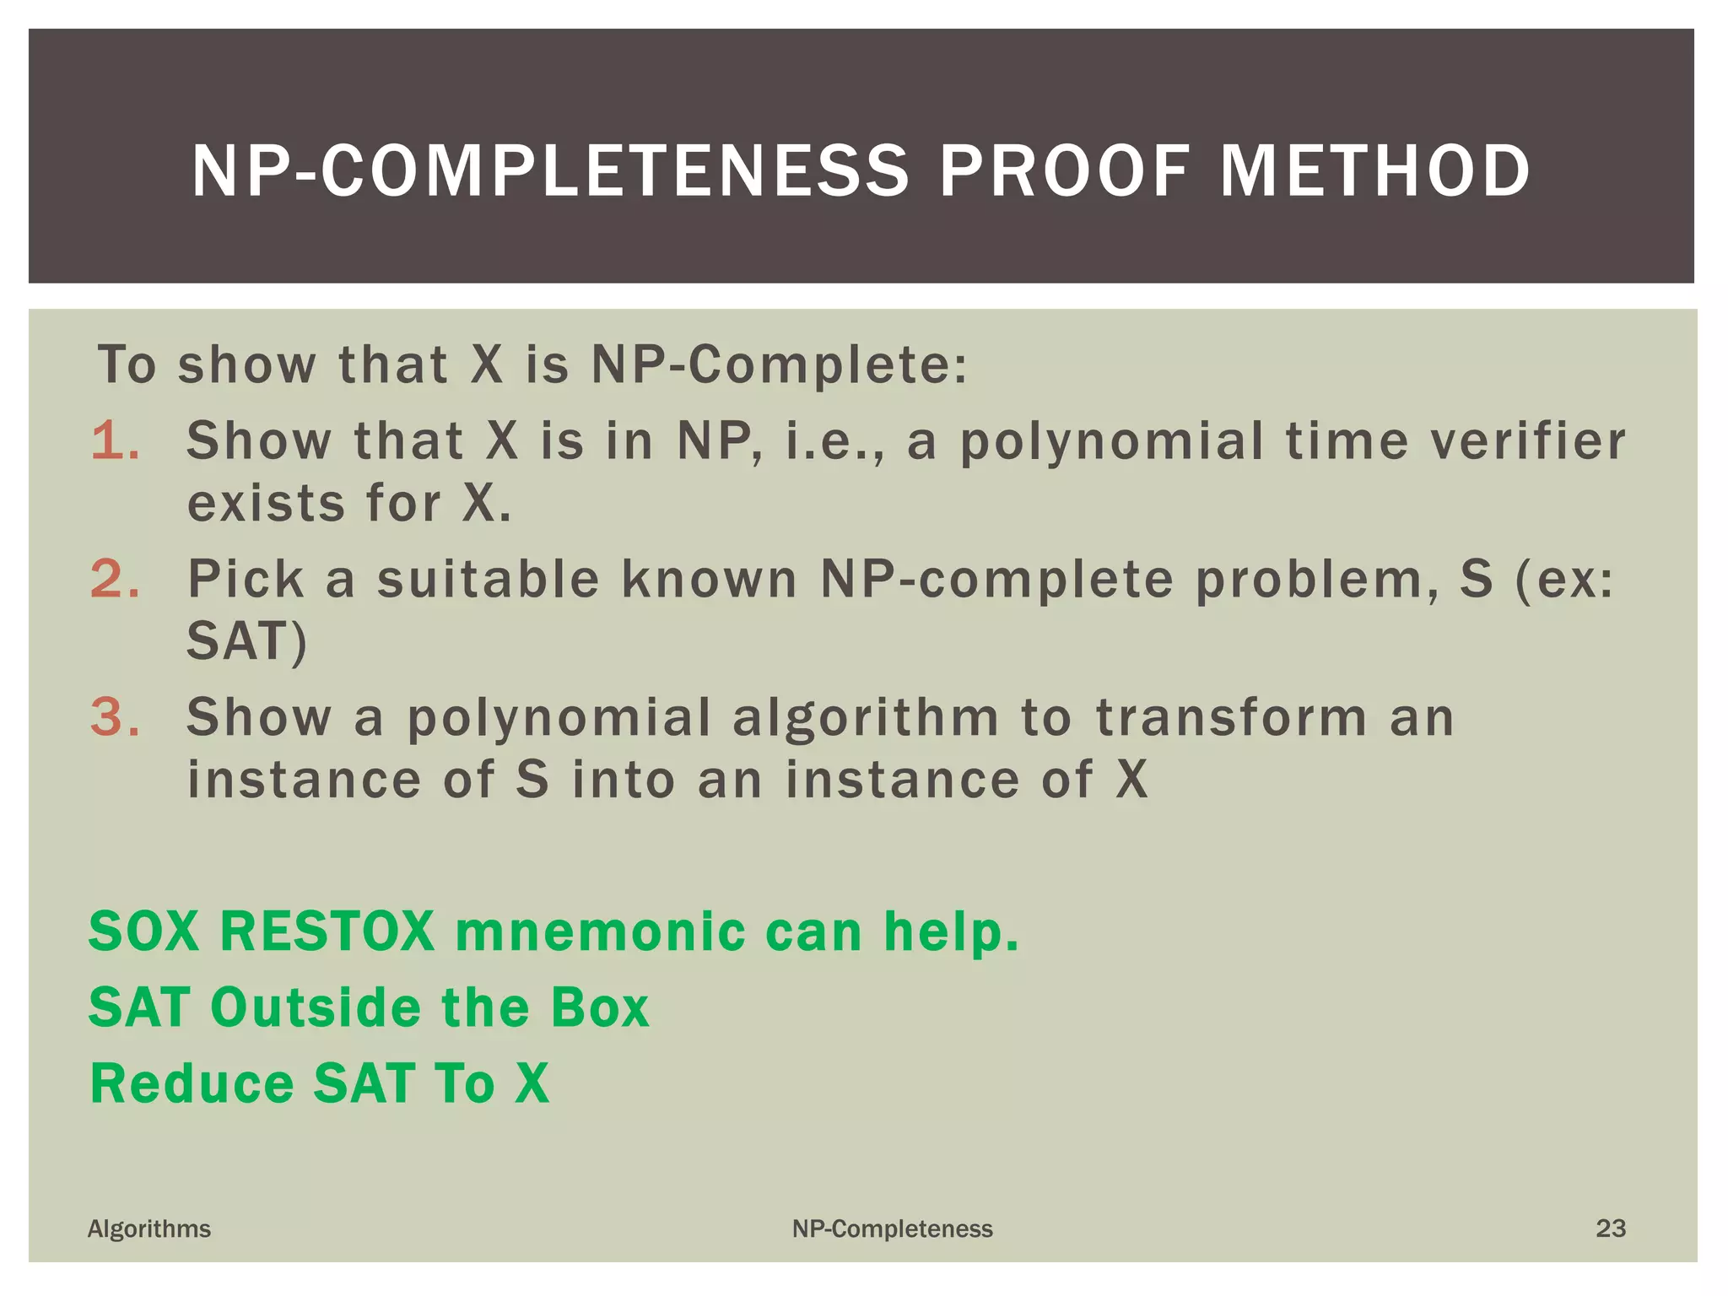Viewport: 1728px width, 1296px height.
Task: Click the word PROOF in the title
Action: tap(1065, 171)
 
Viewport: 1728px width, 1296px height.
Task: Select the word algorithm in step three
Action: tap(865, 717)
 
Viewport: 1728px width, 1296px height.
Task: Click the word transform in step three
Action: tap(1231, 717)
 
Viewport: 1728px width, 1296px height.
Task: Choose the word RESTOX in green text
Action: tap(327, 931)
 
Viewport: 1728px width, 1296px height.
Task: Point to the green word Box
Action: tap(600, 1007)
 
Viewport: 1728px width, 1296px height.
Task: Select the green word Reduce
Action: tap(192, 1083)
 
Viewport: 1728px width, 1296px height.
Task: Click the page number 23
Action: tap(1610, 1228)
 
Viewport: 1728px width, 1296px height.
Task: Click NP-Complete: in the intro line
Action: tap(779, 365)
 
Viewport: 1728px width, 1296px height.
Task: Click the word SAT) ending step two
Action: tap(246, 641)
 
